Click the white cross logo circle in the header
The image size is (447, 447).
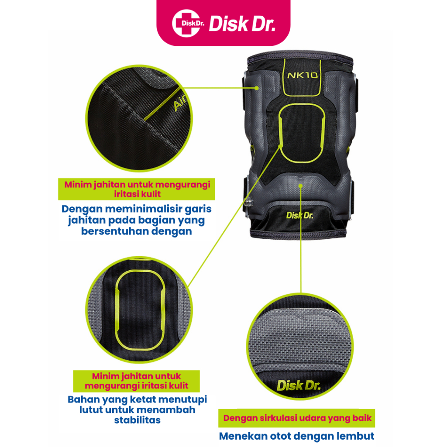186,24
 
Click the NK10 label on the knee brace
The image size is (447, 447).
302,75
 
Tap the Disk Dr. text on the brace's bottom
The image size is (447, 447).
299,216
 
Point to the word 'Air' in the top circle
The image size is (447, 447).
179,103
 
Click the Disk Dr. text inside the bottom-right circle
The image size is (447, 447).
299,386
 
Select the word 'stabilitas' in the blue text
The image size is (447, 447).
138,420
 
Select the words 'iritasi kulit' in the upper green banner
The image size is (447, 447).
138,194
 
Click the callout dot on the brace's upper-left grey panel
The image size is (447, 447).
257,88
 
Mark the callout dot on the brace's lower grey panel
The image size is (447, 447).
300,186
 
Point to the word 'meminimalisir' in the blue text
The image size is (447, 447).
143,209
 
